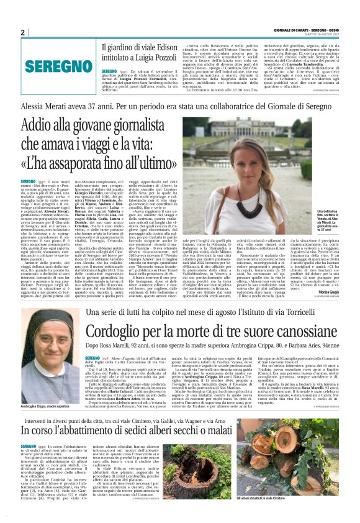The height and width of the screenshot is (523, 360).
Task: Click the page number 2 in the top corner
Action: [22, 33]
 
